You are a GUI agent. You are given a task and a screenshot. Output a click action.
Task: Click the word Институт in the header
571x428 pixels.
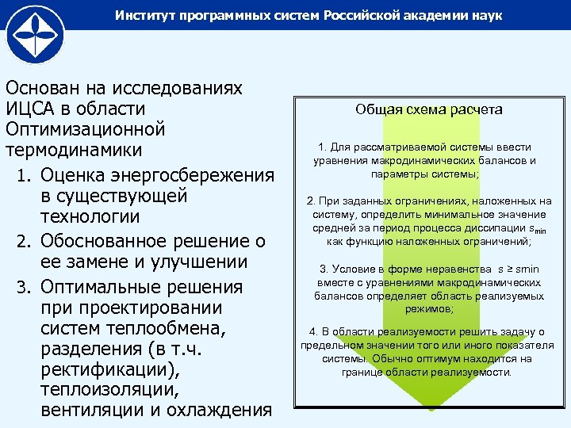(x=144, y=16)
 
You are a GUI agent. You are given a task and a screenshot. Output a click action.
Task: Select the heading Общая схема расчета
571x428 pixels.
(x=428, y=110)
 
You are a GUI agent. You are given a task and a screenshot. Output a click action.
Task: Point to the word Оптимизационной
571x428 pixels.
(x=85, y=128)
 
